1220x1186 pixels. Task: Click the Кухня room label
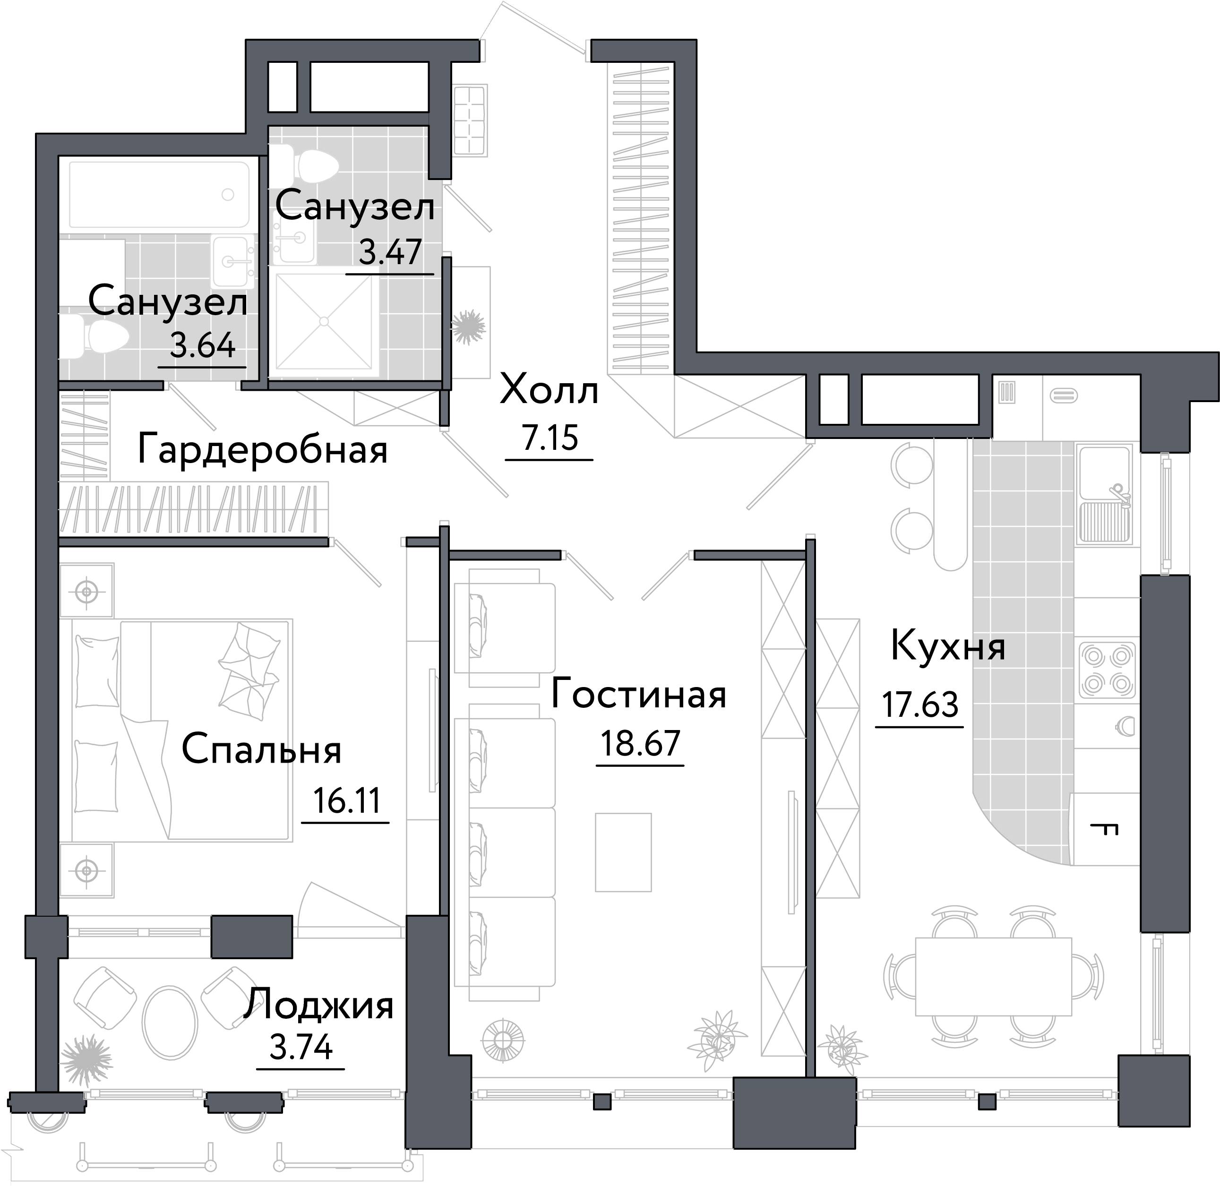(x=948, y=646)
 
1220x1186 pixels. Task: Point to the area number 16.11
(x=346, y=800)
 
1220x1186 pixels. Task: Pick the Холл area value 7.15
(x=550, y=438)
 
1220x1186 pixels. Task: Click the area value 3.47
(x=390, y=252)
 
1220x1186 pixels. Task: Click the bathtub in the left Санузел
(x=159, y=194)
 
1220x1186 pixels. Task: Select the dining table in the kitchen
(x=993, y=977)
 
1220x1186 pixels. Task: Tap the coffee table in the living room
(x=623, y=851)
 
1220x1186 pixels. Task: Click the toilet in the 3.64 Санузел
(x=100, y=336)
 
